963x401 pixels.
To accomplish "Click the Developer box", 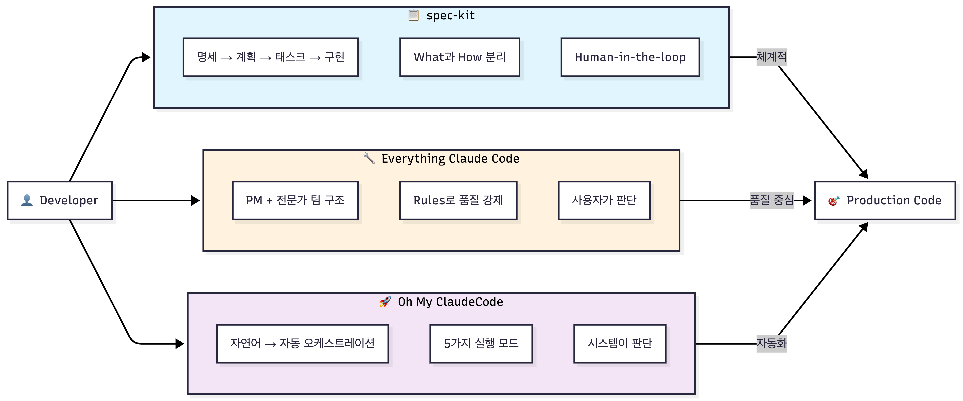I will point(60,200).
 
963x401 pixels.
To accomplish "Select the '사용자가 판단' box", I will point(604,200).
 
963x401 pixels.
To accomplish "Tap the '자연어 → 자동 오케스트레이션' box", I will point(302,343).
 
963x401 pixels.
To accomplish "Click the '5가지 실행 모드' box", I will point(481,343).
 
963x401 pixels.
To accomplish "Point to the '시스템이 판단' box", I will point(620,343).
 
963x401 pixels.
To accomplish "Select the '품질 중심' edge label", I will point(772,200).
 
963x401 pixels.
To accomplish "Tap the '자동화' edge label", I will point(772,343).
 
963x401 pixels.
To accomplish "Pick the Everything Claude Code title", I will point(450,159).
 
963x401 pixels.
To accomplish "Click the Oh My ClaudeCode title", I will point(450,302).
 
